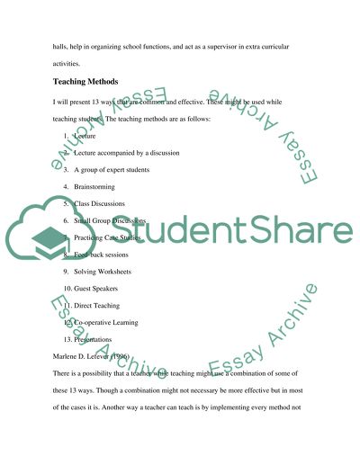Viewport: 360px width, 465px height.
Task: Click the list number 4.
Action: [x=66, y=186]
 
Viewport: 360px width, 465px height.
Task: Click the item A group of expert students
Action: [x=112, y=170]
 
